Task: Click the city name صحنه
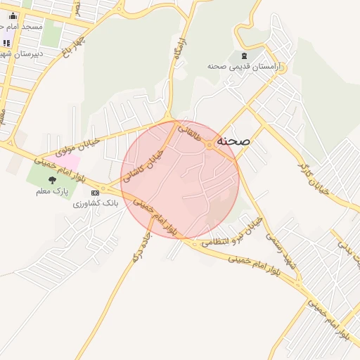tap(234, 141)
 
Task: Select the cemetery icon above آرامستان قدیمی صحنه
tap(244, 56)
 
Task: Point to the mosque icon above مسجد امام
tap(13, 15)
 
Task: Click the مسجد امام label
tap(24, 26)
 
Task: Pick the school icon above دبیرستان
tap(6, 43)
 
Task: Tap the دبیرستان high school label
tap(21, 53)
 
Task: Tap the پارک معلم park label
tap(54, 191)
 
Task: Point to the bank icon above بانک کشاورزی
tap(95, 192)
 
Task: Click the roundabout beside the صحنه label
tap(210, 145)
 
